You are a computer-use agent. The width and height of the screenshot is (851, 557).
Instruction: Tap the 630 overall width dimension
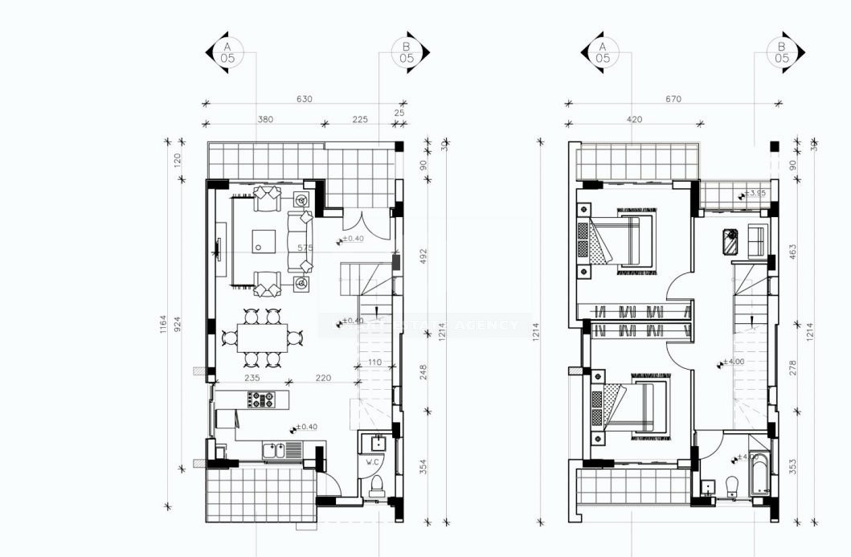click(305, 99)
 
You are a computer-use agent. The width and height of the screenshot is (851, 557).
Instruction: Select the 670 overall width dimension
click(673, 99)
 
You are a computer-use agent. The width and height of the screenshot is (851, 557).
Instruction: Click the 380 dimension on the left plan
click(265, 119)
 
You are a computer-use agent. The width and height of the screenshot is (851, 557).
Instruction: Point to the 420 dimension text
click(635, 119)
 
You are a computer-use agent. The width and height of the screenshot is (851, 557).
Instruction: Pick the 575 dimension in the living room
click(305, 248)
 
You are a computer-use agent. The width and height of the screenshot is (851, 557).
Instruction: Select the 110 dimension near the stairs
click(374, 362)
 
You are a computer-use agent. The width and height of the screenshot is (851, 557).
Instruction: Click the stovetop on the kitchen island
click(262, 397)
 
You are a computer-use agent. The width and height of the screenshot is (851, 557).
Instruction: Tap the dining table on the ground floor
click(261, 338)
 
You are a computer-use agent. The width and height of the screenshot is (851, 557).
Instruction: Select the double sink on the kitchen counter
click(276, 451)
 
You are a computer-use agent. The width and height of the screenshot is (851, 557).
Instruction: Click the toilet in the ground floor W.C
click(375, 485)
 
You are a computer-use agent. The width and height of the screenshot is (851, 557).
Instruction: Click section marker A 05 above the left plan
click(228, 52)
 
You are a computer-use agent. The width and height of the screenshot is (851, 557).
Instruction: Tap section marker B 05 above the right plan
click(781, 52)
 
